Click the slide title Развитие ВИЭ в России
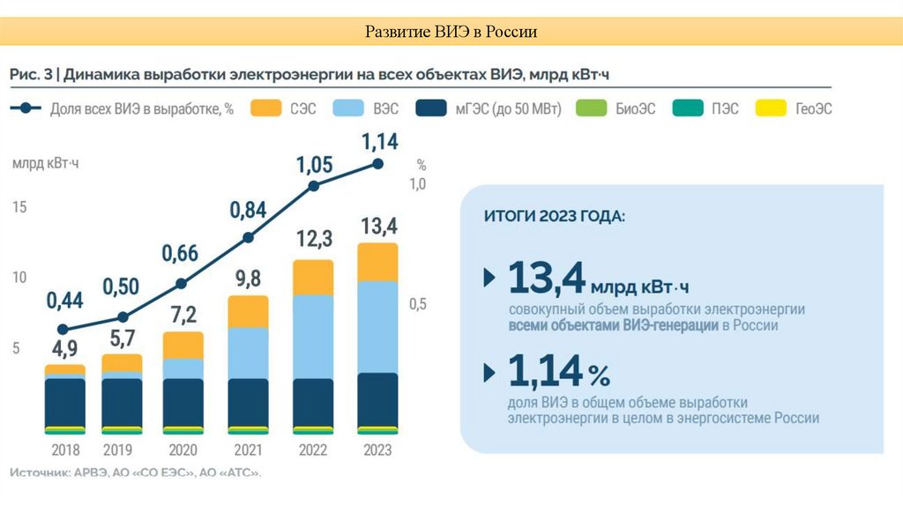point(451,33)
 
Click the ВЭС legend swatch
point(350,109)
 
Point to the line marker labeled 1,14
point(378,164)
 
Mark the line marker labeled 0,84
point(248,237)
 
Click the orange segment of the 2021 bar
point(248,311)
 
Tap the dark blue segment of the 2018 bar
point(64,402)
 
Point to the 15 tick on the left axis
point(19,207)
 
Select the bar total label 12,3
point(313,238)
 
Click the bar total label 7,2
point(183,315)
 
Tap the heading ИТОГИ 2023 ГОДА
point(554,216)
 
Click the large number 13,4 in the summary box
point(547,278)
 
